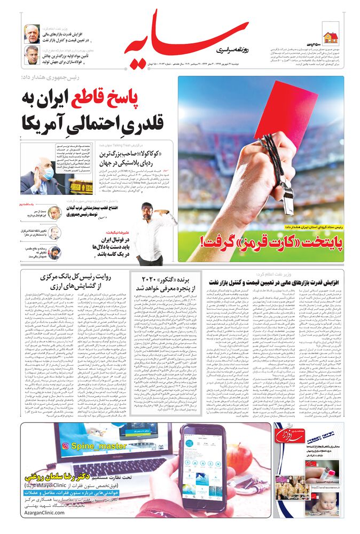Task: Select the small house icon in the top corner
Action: (330, 37)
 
